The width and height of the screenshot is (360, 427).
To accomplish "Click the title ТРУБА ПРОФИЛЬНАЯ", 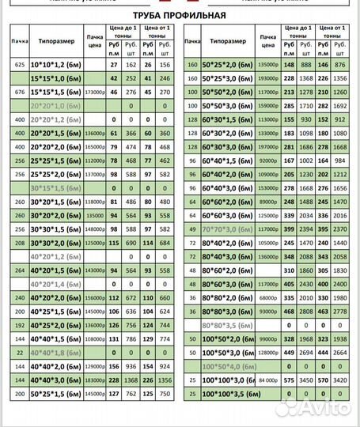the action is (180, 15).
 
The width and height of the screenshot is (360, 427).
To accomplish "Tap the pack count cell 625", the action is (19, 64).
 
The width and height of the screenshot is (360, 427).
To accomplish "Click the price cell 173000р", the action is (94, 93).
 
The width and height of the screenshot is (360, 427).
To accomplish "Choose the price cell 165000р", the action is (94, 147).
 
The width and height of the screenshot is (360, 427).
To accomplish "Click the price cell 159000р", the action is (268, 106).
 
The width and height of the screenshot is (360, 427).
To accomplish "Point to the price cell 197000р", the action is (268, 147).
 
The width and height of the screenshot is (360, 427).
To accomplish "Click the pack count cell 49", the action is (192, 229).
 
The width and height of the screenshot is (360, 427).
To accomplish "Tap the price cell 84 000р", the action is (268, 380).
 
